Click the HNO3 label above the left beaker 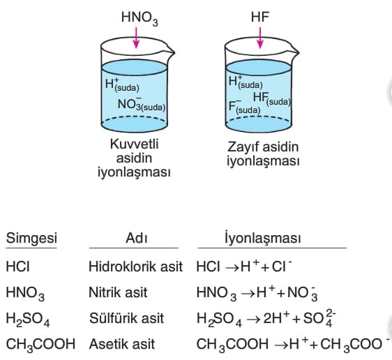point(140,19)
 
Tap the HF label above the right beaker point(259,17)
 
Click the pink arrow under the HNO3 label point(136,38)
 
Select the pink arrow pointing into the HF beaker point(260,38)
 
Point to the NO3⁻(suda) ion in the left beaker point(142,104)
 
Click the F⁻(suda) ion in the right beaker point(245,107)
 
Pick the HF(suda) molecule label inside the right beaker point(272,98)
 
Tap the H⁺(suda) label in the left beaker point(122,84)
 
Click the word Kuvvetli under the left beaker point(134,144)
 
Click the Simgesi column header point(31,239)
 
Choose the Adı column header point(137,238)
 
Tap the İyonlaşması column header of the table point(262,238)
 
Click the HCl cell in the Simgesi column point(17,267)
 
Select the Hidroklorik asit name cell point(136,267)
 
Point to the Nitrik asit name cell point(118,292)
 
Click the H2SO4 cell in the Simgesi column point(28,320)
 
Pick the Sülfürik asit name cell point(126,318)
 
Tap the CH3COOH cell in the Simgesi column point(40,345)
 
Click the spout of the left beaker point(170,52)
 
